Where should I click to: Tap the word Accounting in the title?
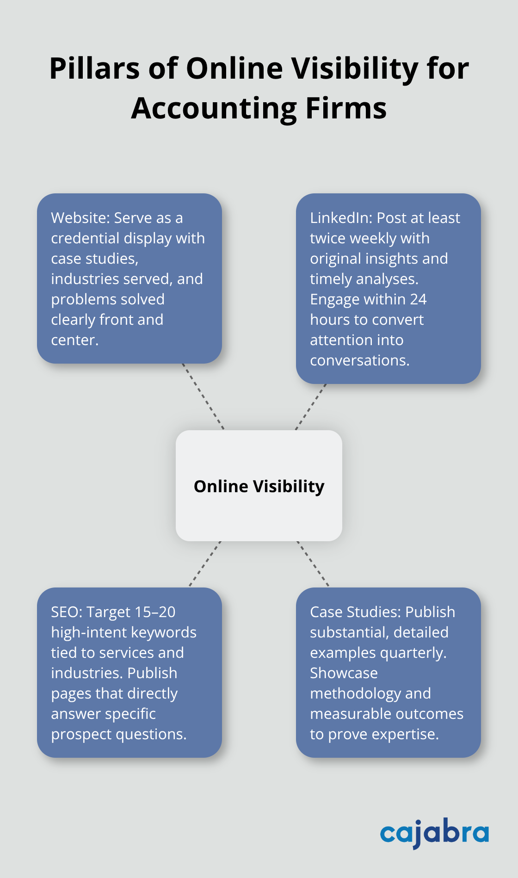point(213,109)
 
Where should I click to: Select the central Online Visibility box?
point(259,486)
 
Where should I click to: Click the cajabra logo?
point(434,833)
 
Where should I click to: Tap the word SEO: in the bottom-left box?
point(67,612)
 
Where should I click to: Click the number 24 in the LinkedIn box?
point(418,299)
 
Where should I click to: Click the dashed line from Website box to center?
point(203,396)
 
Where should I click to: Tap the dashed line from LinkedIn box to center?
point(311,407)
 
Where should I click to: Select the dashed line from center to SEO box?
point(205,564)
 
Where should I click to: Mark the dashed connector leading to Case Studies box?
point(313,564)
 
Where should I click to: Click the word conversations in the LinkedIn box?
point(359,360)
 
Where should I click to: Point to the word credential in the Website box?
point(85,238)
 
